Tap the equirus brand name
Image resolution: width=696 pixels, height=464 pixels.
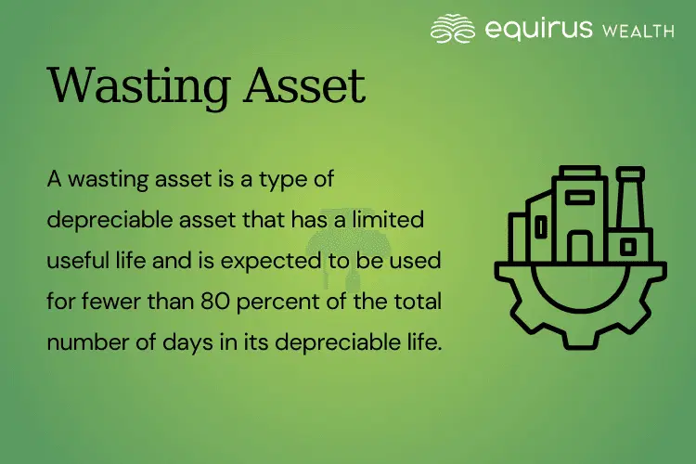tap(538, 29)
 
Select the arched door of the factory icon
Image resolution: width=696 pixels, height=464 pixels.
tap(580, 248)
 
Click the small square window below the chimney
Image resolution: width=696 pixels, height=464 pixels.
tap(629, 247)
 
